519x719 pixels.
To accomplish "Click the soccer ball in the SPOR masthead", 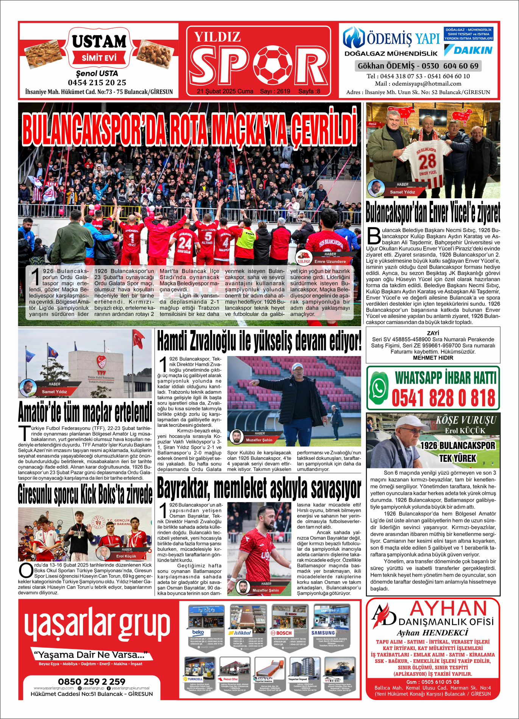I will (273, 65).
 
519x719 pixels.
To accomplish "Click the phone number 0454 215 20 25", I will (97, 82).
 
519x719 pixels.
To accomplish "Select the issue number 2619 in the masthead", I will (283, 91).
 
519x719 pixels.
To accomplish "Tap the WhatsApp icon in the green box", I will (379, 388).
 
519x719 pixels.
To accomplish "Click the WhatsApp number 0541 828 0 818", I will (443, 398).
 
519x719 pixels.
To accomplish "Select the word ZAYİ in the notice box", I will (433, 333).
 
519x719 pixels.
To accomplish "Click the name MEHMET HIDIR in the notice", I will (433, 358).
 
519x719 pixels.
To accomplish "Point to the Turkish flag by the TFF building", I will (138, 338).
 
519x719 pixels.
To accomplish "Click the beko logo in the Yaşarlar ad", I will (198, 632).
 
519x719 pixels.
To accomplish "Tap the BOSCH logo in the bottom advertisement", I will (281, 633).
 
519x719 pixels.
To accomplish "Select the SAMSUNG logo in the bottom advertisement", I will (323, 633).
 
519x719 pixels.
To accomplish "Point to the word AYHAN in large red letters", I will (448, 609).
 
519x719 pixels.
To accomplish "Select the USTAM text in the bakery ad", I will (99, 41).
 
